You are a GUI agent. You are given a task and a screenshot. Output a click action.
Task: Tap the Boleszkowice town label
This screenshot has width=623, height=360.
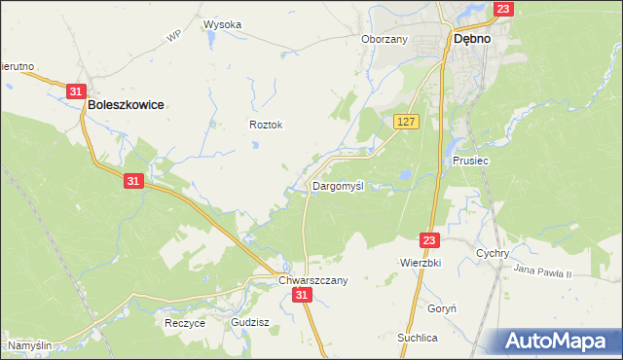pyautogui.click(x=125, y=103)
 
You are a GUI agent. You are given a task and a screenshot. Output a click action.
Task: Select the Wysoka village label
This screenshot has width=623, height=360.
pyautogui.click(x=222, y=24)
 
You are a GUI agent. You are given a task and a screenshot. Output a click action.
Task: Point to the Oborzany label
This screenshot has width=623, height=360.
pyautogui.click(x=384, y=39)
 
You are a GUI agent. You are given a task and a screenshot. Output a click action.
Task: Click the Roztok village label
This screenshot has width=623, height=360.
pyautogui.click(x=266, y=125)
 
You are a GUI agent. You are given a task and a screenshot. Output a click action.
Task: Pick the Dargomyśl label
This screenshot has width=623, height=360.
pyautogui.click(x=338, y=185)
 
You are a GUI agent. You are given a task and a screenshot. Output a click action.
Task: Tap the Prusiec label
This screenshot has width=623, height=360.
pyautogui.click(x=469, y=161)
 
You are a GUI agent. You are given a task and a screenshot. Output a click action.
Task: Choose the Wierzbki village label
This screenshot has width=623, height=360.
pyautogui.click(x=421, y=263)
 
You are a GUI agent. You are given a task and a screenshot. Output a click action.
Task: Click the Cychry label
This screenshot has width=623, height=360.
pyautogui.click(x=494, y=253)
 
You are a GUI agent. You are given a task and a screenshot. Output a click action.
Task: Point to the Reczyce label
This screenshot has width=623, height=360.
pyautogui.click(x=185, y=323)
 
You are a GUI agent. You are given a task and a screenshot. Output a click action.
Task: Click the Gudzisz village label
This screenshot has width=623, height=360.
pyautogui.click(x=250, y=321)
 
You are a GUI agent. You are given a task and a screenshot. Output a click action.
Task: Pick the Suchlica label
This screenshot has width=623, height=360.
pyautogui.click(x=418, y=338)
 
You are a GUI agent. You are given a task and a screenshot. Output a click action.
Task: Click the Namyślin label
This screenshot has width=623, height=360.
pyautogui.click(x=29, y=345)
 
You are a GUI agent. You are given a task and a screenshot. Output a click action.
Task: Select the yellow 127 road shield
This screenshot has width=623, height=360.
pyautogui.click(x=407, y=121)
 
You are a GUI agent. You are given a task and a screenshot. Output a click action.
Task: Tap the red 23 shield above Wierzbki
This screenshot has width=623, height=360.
pyautogui.click(x=431, y=238)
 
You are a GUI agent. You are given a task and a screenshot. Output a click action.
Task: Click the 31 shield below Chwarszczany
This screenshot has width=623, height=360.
pyautogui.click(x=303, y=294)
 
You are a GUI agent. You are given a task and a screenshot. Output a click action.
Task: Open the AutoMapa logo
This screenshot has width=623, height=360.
pyautogui.click(x=561, y=341)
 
